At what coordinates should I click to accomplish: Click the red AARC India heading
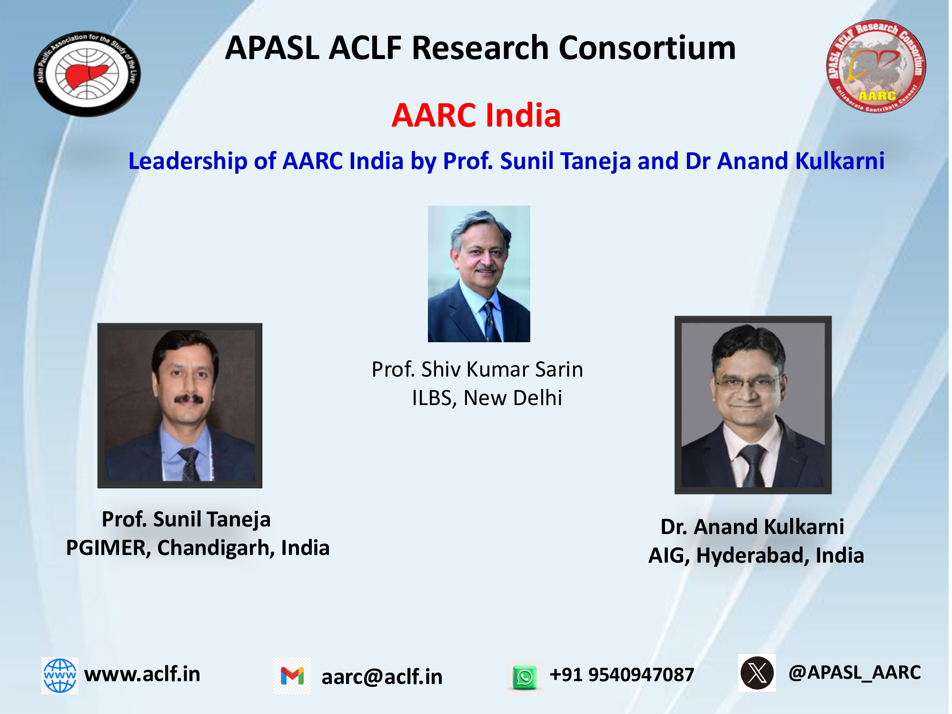pos(476,116)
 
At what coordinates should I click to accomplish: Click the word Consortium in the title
pos(647,48)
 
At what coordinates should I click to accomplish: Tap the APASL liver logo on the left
pos(87,74)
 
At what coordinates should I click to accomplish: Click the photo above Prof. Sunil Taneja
pos(180,406)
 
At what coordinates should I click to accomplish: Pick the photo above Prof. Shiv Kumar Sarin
pos(479,274)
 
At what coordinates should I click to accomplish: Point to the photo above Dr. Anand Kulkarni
pos(753,405)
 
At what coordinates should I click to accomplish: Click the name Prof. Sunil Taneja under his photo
pos(186,519)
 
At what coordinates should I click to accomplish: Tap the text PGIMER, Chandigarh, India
pos(198,548)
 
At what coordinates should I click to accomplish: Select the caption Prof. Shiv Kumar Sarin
pos(477,369)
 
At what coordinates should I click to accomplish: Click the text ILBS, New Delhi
pos(487,398)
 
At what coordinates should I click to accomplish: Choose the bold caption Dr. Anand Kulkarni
pos(753,527)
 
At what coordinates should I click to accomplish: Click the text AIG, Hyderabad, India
pos(756,555)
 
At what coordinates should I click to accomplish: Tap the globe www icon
pos(60,675)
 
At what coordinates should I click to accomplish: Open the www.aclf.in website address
pos(142,674)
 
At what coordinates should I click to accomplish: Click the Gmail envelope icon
pos(292,676)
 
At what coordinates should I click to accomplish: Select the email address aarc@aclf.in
pos(382,677)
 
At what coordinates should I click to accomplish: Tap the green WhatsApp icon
pos(525,677)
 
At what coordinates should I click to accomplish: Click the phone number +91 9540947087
pos(622,674)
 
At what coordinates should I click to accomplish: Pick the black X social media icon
pos(757,673)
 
